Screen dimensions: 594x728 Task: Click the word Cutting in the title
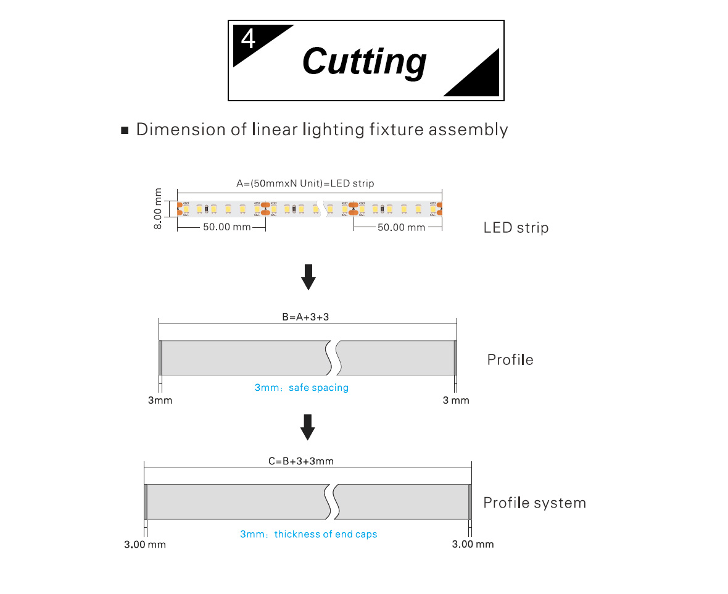pyautogui.click(x=364, y=62)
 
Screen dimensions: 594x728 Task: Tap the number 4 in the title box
pyautogui.click(x=248, y=40)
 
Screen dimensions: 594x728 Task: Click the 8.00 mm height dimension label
pyautogui.click(x=159, y=209)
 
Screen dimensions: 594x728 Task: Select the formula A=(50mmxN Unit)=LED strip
pyautogui.click(x=305, y=183)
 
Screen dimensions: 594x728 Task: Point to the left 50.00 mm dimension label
pyautogui.click(x=226, y=227)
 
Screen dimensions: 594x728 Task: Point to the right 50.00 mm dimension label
pyautogui.click(x=401, y=227)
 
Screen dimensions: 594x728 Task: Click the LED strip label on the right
pyautogui.click(x=516, y=228)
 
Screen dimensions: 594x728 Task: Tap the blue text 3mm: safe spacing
pyautogui.click(x=302, y=388)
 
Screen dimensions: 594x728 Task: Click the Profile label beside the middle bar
pyautogui.click(x=510, y=359)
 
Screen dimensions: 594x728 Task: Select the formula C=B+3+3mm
pyautogui.click(x=301, y=461)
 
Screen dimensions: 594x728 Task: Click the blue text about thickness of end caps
pyautogui.click(x=308, y=534)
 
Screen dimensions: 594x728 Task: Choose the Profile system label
pyautogui.click(x=534, y=503)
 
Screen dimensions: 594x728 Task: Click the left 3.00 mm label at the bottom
pyautogui.click(x=145, y=545)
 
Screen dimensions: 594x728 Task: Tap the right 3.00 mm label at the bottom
pyautogui.click(x=473, y=544)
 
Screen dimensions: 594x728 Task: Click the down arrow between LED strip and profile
pyautogui.click(x=308, y=277)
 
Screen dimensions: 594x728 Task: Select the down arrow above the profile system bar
pyautogui.click(x=308, y=427)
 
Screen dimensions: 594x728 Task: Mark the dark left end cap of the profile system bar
pyautogui.click(x=146, y=502)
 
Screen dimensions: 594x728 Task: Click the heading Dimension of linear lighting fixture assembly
pyautogui.click(x=322, y=130)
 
